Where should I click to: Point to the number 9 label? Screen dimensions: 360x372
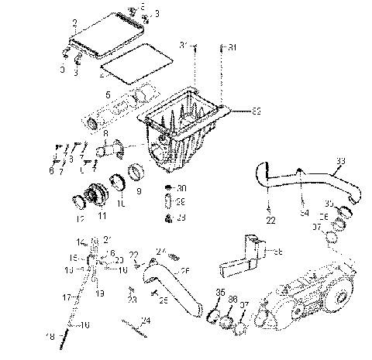139,190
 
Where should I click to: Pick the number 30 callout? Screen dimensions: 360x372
182,188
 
